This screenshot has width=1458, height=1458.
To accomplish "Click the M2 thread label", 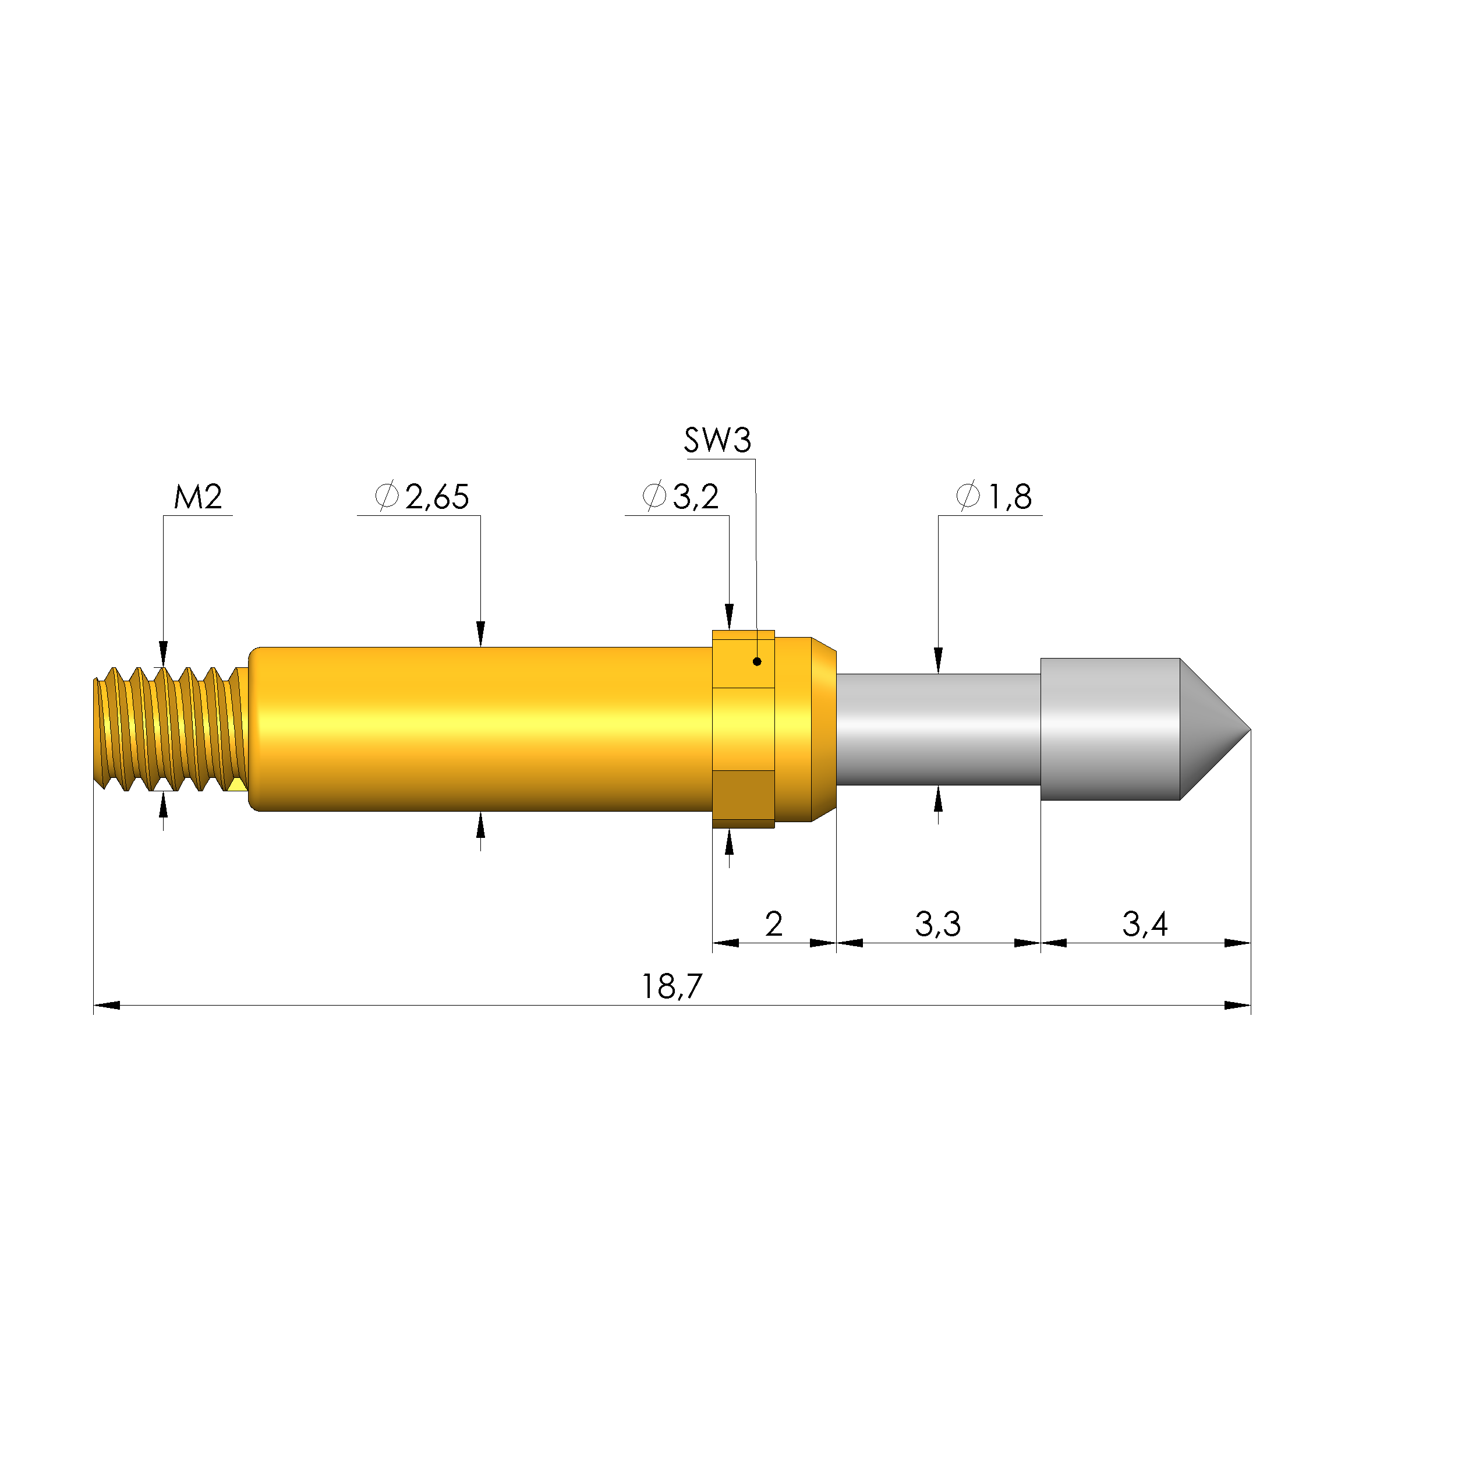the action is point(198,497).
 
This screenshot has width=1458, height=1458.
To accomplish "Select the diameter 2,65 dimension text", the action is point(422,497).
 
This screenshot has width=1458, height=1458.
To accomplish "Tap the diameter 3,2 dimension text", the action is point(681,497).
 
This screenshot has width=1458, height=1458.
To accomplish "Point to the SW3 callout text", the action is point(718,440).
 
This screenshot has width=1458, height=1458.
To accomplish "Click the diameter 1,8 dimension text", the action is point(994,497).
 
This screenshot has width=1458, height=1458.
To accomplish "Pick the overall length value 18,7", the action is point(671,986).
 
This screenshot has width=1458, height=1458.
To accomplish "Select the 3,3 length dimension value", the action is point(938,923).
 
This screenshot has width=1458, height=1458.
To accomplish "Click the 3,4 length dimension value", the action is point(1145,923).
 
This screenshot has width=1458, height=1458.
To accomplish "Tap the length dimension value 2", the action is point(773,923).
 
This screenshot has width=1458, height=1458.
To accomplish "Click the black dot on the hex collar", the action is point(757,662).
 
